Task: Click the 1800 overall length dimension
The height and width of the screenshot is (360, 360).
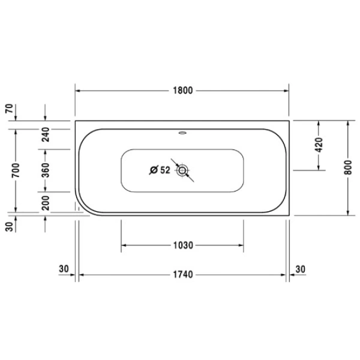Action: (x=183, y=91)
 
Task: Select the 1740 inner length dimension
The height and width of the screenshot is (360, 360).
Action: (x=183, y=275)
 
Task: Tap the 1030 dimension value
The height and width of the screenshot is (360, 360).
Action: (x=183, y=245)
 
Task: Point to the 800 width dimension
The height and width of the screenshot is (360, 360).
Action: (x=348, y=167)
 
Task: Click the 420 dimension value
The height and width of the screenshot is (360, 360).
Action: (x=319, y=145)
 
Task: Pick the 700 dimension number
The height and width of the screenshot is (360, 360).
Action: (x=16, y=170)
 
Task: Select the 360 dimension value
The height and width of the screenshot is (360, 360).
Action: (x=45, y=170)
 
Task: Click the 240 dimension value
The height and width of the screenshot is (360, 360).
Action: (x=45, y=134)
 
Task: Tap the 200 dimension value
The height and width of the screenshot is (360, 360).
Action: (x=45, y=203)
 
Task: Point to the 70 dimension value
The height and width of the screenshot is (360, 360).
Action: (x=10, y=109)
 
